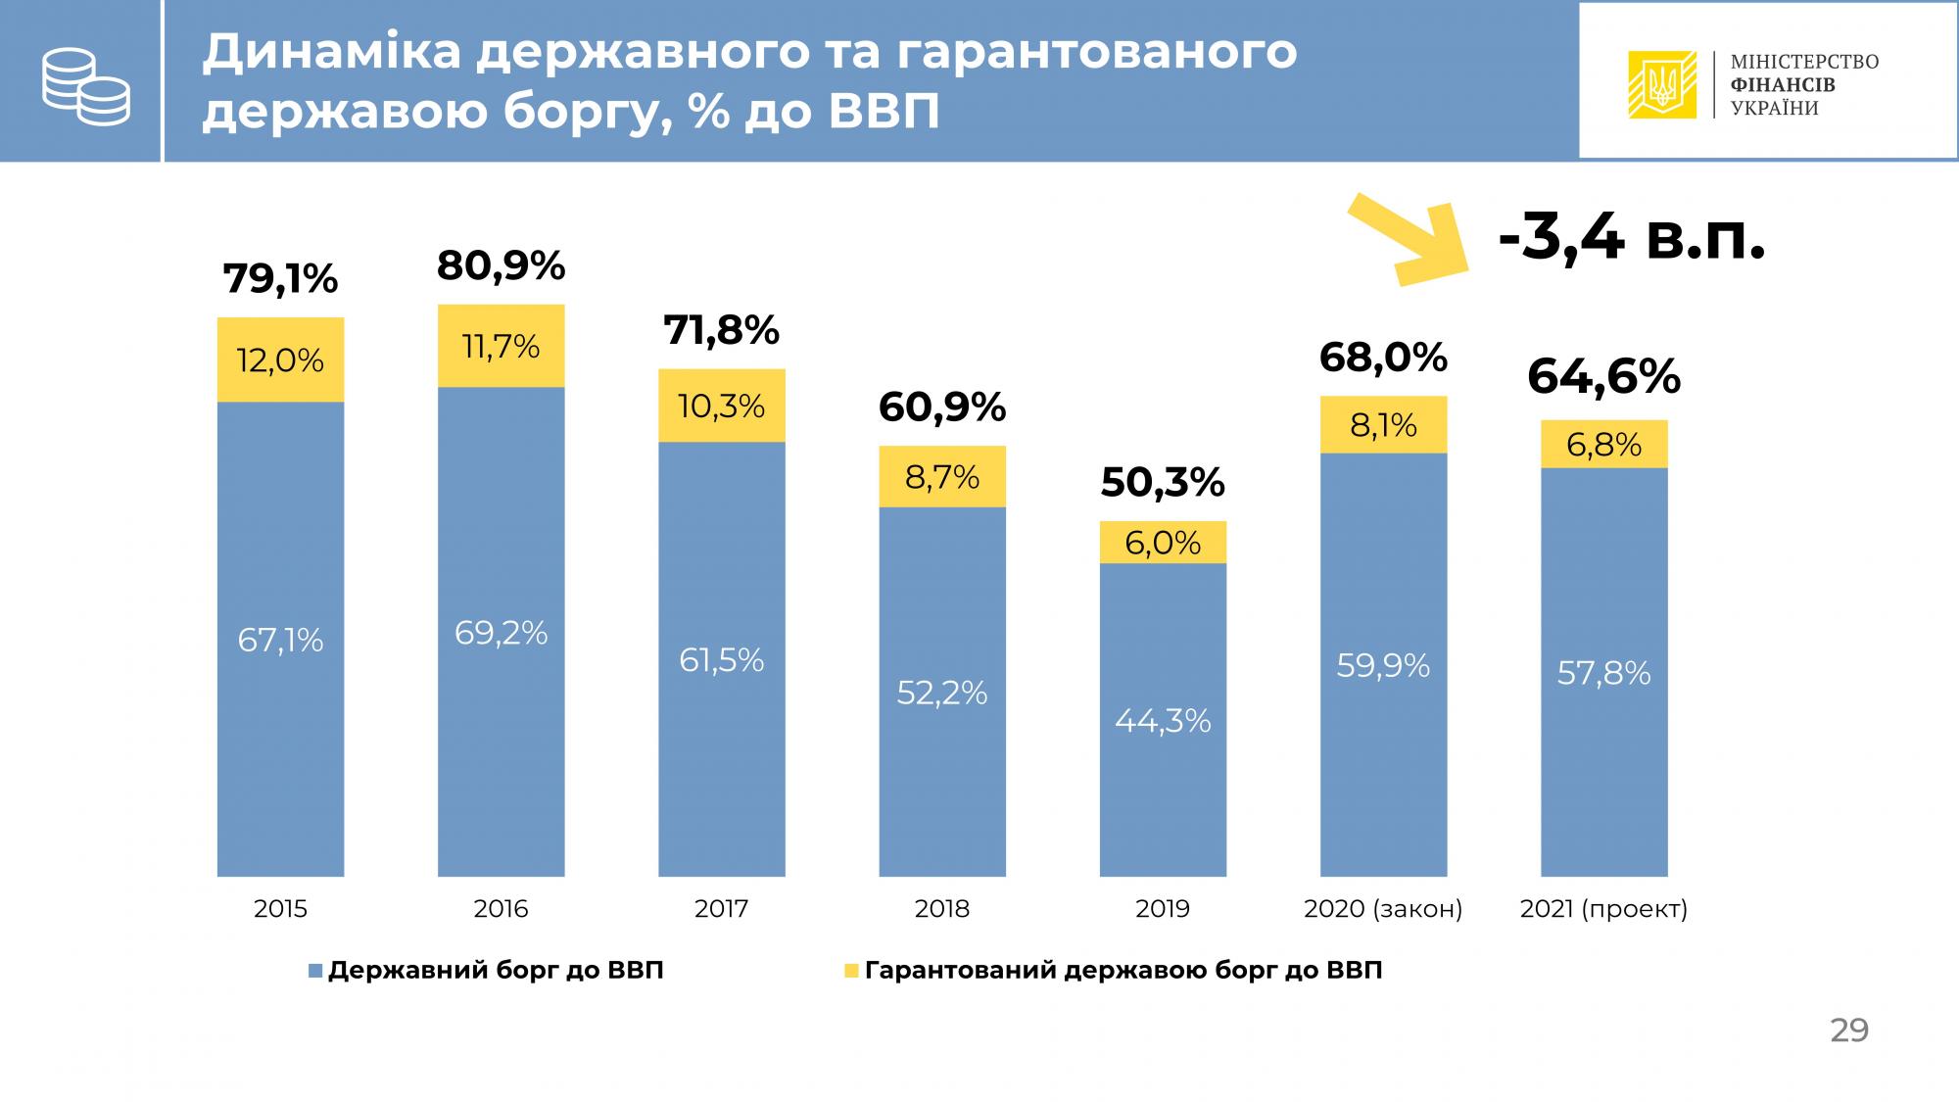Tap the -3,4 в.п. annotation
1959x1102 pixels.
(1632, 238)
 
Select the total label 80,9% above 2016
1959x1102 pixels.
(501, 265)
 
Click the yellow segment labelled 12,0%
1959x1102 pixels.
(280, 360)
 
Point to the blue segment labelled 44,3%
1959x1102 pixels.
(1163, 720)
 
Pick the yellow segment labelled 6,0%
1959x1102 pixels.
(1163, 543)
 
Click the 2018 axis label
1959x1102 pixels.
(941, 909)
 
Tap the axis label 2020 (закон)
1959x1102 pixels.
(1383, 909)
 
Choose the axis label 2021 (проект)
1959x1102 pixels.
(1603, 909)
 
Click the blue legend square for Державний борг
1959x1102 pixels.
(315, 971)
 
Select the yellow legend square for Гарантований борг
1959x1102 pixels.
(851, 971)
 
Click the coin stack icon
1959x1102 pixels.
(85, 86)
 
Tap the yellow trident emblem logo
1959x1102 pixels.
(1661, 84)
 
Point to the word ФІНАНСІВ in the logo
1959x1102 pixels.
(1783, 85)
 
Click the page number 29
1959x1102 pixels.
(1849, 1030)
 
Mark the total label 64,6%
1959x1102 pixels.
(1603, 377)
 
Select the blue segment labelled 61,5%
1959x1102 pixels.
(721, 659)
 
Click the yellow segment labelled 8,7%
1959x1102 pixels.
(941, 477)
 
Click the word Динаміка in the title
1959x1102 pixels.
(331, 52)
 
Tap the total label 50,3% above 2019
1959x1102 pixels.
(1163, 482)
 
